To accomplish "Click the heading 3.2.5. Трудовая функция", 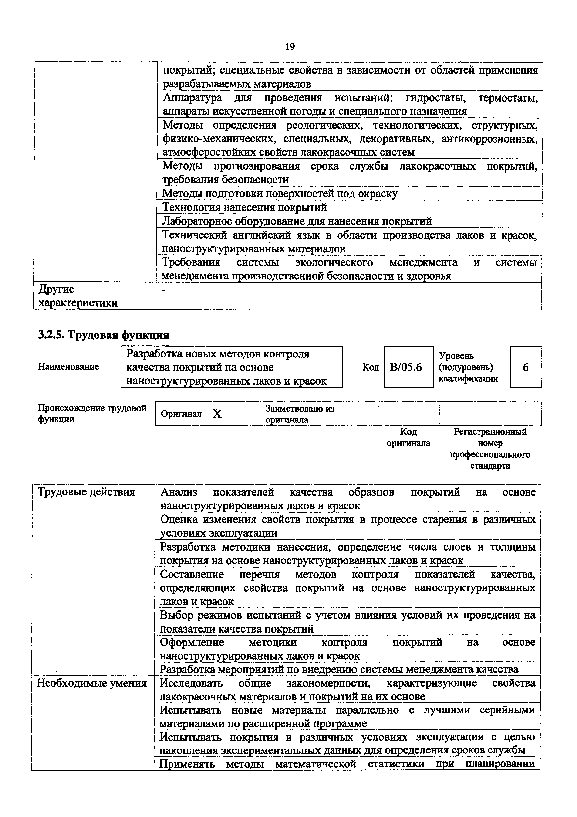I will [103, 335].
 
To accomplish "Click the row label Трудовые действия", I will [86, 492].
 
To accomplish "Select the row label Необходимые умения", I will [92, 683].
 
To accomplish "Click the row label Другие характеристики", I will [78, 296].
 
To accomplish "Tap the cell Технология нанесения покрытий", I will [245, 207].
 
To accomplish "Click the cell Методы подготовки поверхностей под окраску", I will [280, 194].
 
